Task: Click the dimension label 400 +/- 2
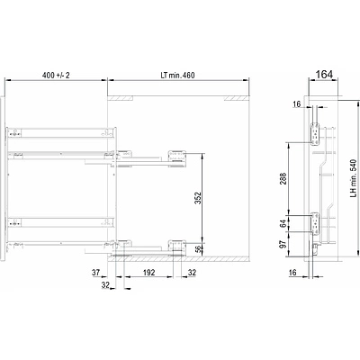[56, 75]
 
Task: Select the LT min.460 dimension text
[177, 75]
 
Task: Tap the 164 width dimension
[325, 74]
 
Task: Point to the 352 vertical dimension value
[198, 198]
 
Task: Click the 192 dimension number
[148, 273]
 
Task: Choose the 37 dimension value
[95, 273]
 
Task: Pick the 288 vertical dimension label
[283, 178]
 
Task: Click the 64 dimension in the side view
[283, 224]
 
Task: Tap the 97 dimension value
[283, 244]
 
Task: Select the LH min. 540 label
[353, 178]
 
